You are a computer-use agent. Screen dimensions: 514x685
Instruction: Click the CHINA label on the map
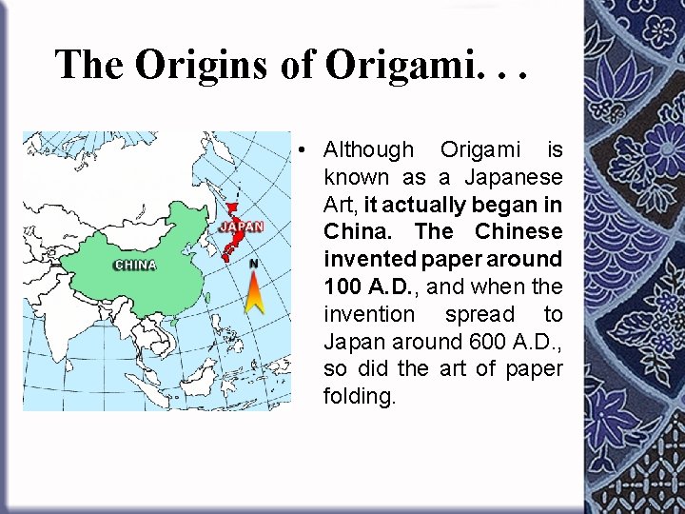pos(135,265)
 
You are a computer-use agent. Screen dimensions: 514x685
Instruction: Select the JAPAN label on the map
pos(241,227)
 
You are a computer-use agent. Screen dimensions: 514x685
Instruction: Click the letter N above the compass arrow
pos(254,263)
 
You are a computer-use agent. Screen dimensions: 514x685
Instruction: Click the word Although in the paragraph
pos(369,149)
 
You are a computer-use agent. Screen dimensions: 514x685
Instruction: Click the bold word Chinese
pos(519,232)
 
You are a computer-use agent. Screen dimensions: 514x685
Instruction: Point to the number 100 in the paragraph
pos(342,287)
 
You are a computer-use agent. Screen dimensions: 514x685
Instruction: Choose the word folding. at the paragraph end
pos(359,396)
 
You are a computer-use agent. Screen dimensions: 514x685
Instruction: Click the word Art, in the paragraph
pos(342,205)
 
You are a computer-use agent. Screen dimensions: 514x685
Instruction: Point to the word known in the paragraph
pos(356,177)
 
